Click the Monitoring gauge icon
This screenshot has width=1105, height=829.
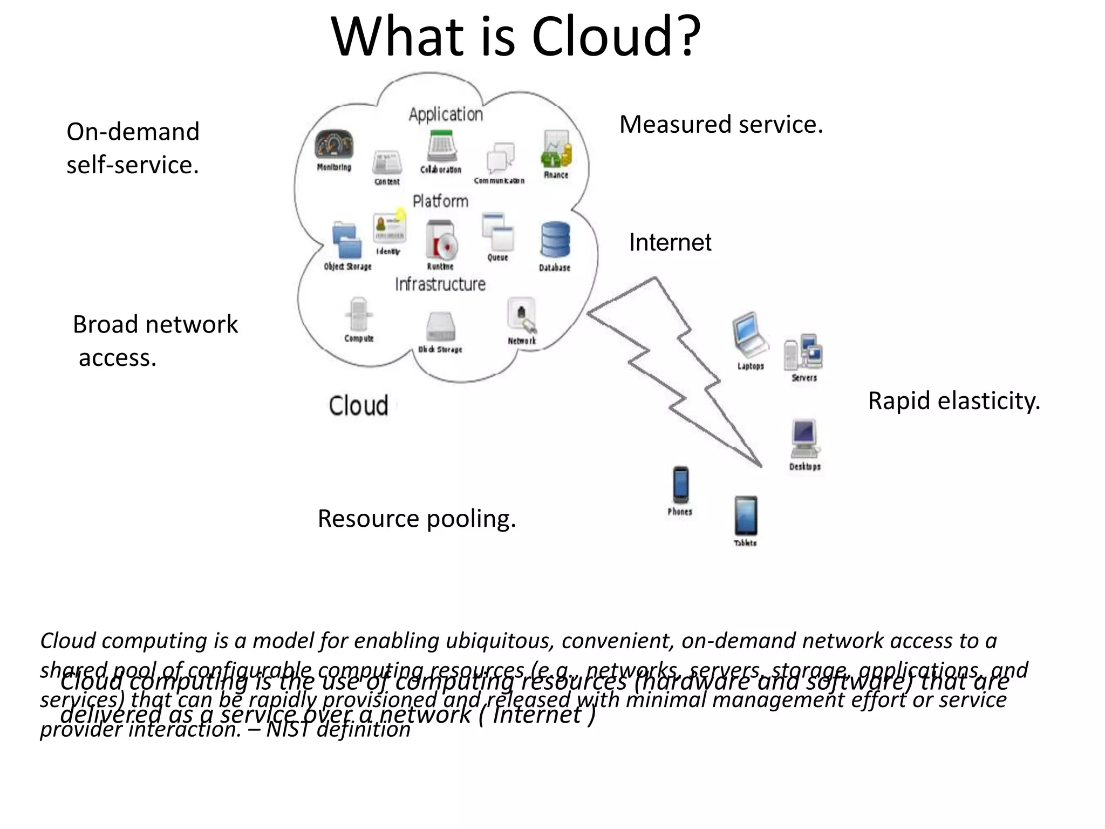coord(334,145)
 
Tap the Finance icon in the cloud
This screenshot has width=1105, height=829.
coord(556,148)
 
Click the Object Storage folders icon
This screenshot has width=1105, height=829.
coord(346,240)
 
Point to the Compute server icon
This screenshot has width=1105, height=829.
coord(358,314)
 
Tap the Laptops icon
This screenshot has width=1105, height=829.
coord(750,335)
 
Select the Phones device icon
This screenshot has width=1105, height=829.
coord(680,484)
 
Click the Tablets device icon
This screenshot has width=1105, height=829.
coord(746,515)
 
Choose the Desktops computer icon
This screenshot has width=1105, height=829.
coord(804,438)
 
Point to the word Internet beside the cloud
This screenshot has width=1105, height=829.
coord(670,242)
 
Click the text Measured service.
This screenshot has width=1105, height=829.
coord(721,125)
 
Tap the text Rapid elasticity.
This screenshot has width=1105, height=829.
coord(953,401)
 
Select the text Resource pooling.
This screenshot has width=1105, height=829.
coord(417,519)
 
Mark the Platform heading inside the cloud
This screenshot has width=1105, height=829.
coord(440,201)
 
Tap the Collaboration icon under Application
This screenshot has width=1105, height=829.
coord(441,146)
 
